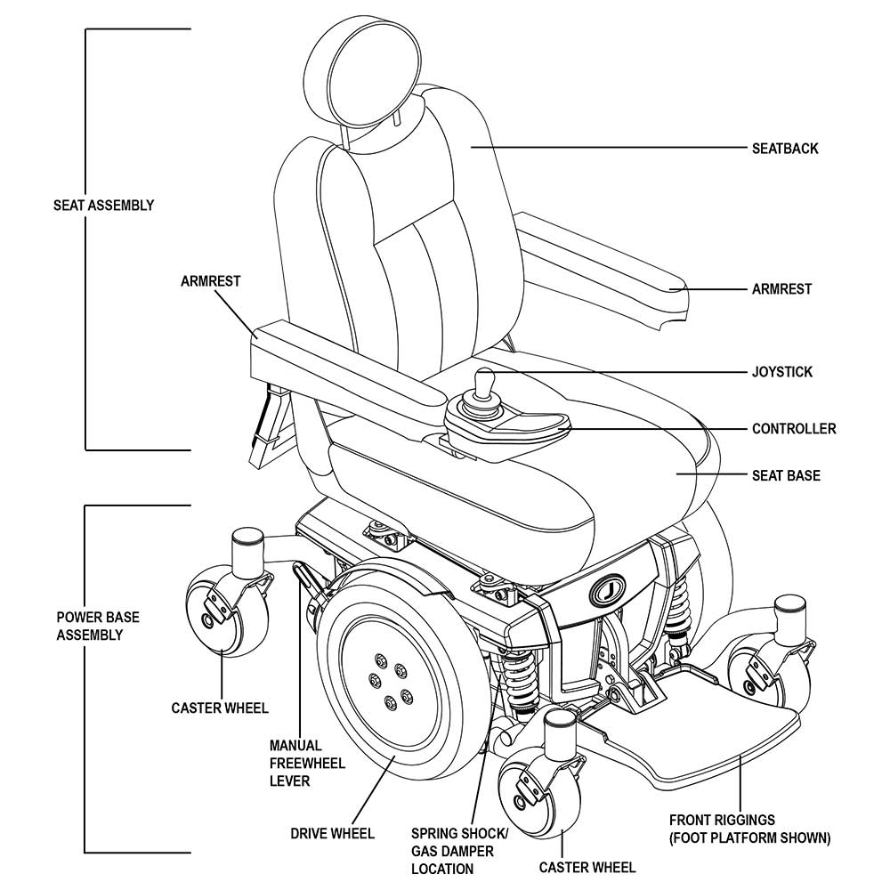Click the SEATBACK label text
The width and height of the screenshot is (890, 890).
point(785,149)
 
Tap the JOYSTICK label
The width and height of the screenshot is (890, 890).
point(781,372)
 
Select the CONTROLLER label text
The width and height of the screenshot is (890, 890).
point(794,429)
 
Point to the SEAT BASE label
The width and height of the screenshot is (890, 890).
point(786,476)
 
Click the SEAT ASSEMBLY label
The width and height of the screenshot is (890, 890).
point(103,206)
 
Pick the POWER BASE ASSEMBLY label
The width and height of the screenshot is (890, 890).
point(98,626)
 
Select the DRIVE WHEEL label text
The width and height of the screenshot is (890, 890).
point(332,834)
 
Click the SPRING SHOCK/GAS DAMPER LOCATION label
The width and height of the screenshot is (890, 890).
point(459,850)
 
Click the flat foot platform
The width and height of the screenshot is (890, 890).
point(703,730)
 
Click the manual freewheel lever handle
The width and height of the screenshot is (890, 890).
point(306,578)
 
